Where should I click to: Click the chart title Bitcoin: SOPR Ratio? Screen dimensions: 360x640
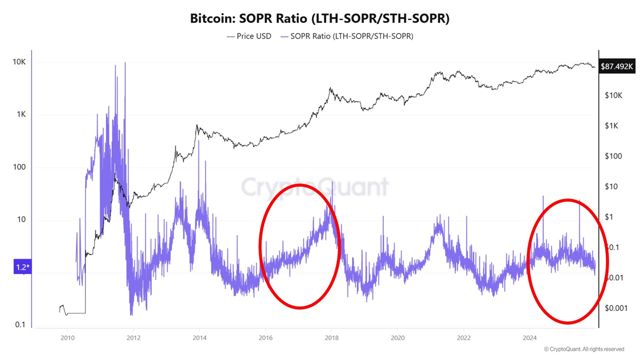point(319,19)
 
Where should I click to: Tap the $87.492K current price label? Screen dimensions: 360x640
point(617,65)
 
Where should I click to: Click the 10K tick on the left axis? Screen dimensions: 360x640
point(19,62)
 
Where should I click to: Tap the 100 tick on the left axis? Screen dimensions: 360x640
point(19,167)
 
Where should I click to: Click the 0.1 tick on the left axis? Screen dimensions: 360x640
point(20,325)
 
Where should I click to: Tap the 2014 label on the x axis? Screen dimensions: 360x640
point(199,337)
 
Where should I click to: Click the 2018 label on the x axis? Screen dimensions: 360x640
point(331,337)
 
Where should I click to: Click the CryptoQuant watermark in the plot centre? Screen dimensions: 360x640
point(315,187)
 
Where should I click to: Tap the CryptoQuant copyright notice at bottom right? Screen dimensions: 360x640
point(583,349)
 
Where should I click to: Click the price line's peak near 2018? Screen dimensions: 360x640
point(330,88)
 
